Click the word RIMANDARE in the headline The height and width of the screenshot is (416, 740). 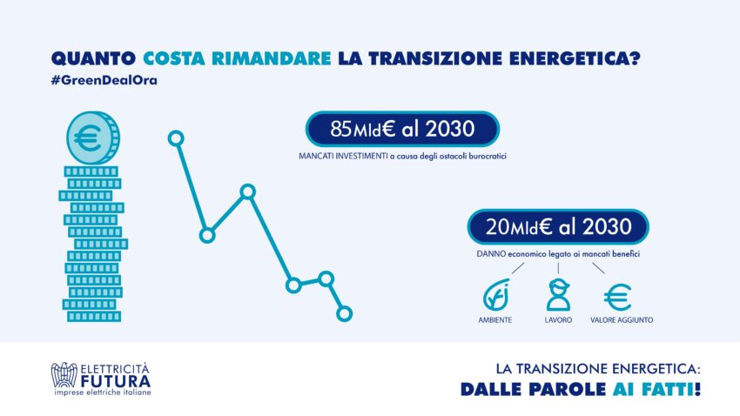[x=272, y=58]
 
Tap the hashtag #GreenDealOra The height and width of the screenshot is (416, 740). [x=104, y=80]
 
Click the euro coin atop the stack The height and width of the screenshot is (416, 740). [x=93, y=138]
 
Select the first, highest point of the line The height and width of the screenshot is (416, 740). [x=176, y=138]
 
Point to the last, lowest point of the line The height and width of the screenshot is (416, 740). [x=344, y=313]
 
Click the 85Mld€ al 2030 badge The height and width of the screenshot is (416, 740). [x=402, y=129]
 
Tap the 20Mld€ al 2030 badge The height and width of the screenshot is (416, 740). [x=558, y=227]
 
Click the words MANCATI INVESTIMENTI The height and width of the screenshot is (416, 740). [x=343, y=156]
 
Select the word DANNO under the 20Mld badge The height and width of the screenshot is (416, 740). [x=491, y=254]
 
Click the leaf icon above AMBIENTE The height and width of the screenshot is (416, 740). [x=495, y=296]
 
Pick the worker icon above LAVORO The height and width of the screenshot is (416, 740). [x=558, y=295]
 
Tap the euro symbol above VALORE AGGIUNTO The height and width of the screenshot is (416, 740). [x=618, y=297]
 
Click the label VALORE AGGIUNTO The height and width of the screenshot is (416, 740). [x=622, y=319]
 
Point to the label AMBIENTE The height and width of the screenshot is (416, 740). [x=495, y=319]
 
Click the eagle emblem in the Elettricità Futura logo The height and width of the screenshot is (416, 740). [x=64, y=375]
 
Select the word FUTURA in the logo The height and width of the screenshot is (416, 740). [x=116, y=381]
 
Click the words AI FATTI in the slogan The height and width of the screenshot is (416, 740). [x=656, y=390]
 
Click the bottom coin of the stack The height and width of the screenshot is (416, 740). [x=94, y=317]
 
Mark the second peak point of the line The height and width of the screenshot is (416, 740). [x=248, y=191]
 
